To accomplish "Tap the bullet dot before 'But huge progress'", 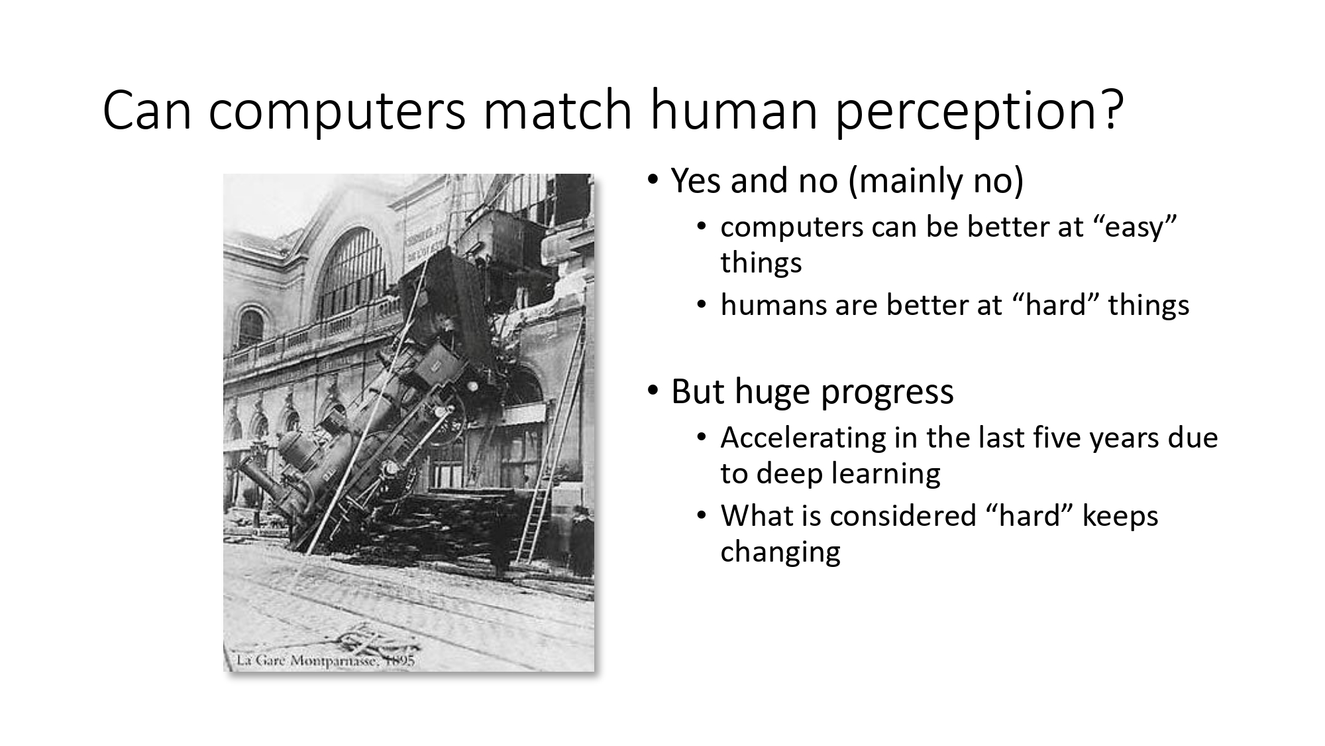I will pos(653,391).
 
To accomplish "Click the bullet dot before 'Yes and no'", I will pos(653,180).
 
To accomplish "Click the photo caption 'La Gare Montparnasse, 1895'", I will pos(325,660).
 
